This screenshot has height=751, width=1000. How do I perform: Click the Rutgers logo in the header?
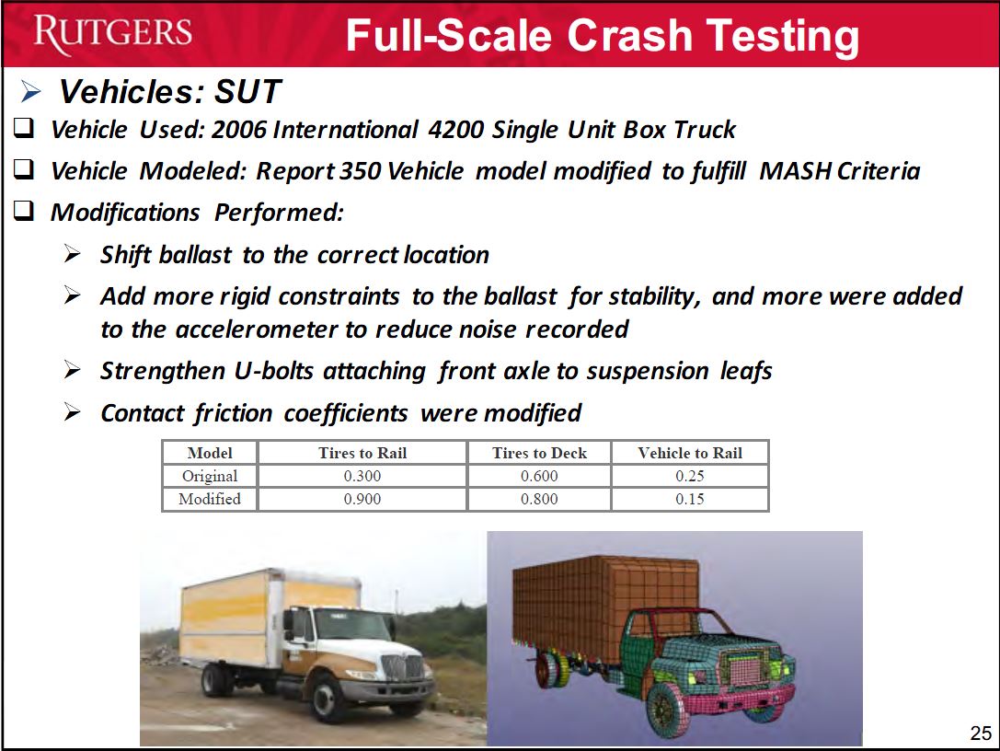pos(113,34)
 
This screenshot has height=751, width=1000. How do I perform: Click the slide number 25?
pos(981,734)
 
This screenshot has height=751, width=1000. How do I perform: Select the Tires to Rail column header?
pos(362,453)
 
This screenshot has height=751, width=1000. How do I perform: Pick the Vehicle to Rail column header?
pos(690,453)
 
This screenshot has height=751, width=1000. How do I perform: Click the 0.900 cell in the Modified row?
pos(362,499)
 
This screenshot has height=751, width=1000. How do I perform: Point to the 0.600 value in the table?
pos(539,476)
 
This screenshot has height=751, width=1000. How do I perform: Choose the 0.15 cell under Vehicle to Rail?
pos(690,499)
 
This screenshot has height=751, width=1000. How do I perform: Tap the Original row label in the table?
pos(210,477)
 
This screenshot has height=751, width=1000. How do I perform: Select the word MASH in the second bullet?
pos(795,171)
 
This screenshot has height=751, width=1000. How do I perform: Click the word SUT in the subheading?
pos(247,91)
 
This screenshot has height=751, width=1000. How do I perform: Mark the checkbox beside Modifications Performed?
pos(24,211)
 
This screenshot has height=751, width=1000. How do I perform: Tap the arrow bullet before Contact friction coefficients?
pos(72,412)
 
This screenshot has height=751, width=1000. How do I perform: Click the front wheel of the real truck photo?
pos(327,698)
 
